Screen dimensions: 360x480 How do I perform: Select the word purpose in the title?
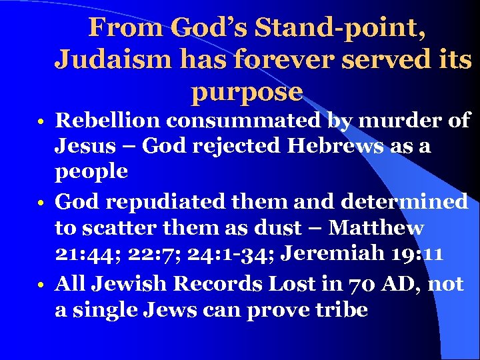click(247, 91)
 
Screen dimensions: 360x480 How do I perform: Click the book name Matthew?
click(377, 228)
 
